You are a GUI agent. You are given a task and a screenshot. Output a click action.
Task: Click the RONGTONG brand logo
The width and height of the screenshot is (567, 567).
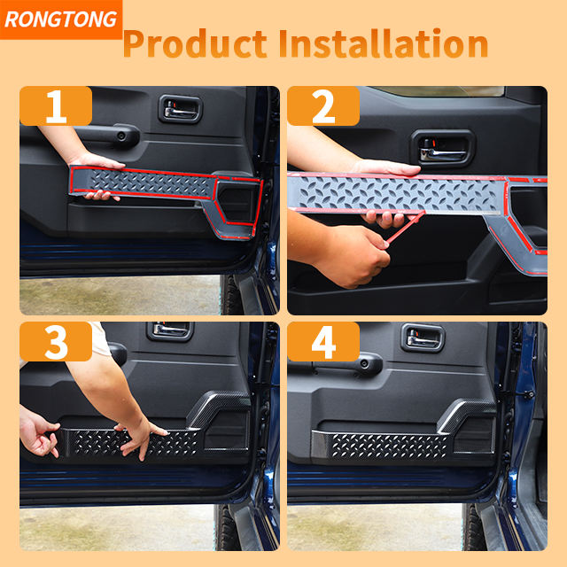pyautogui.click(x=61, y=19)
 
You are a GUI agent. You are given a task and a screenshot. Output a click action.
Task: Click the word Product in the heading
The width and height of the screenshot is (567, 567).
pyautogui.click(x=195, y=43)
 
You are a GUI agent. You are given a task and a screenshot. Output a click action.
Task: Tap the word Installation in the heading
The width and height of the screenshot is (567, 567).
pyautogui.click(x=384, y=43)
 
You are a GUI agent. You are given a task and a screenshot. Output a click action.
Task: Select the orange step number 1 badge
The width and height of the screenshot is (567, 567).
pyautogui.click(x=56, y=106)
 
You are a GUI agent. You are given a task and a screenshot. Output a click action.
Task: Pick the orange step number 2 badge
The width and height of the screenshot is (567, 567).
pyautogui.click(x=323, y=106)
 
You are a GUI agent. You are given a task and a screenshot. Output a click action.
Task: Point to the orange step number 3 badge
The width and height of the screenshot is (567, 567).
pyautogui.click(x=56, y=341)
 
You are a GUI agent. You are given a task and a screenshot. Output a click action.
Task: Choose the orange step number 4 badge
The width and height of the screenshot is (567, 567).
pyautogui.click(x=323, y=341)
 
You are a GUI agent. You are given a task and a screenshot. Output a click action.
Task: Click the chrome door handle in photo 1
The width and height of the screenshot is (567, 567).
pyautogui.click(x=181, y=110)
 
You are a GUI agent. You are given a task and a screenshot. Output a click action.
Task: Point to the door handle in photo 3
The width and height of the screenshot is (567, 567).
pyautogui.click(x=170, y=330)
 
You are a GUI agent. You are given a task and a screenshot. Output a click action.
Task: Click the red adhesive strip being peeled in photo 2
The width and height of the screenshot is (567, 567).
pyautogui.click(x=404, y=228)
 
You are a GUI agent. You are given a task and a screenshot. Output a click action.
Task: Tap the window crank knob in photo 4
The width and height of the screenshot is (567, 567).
pyautogui.click(x=369, y=363)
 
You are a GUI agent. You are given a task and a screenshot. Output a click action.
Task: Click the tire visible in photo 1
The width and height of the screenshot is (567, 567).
pyautogui.click(x=230, y=295)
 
